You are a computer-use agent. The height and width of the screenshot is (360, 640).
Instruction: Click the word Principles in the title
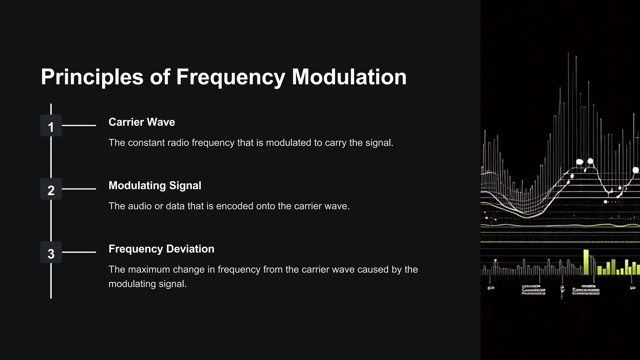point(92,77)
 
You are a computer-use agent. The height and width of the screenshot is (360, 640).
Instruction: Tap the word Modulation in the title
point(349,77)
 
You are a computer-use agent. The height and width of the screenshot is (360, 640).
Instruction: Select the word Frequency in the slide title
point(230,77)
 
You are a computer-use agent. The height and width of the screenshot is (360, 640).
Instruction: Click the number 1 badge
point(51,126)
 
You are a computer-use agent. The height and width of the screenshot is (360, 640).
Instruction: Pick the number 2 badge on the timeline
point(51,189)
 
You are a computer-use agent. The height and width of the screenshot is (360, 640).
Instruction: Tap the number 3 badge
point(51,252)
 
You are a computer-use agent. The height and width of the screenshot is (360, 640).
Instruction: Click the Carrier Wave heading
point(142,122)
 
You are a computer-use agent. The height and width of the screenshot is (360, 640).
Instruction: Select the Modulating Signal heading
point(155,186)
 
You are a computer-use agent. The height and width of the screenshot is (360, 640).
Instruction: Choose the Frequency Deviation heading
point(161,249)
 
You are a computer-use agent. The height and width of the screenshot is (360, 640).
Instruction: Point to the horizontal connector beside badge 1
point(79,126)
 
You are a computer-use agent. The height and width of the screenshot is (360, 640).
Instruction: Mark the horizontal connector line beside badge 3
point(79,252)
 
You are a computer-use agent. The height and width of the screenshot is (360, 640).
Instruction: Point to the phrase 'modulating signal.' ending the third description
point(147,284)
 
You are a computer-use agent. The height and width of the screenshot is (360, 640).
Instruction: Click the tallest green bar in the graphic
point(586,262)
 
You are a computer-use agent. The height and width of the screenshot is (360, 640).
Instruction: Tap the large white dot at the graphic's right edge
point(635,170)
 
